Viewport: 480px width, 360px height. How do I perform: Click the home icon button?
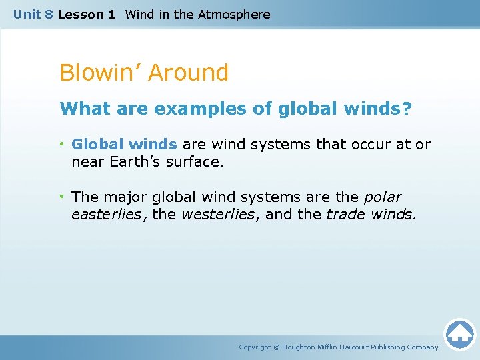tap(459, 333)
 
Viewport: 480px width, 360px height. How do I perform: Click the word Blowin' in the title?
tap(99, 73)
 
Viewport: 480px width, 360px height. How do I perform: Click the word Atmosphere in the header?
tap(234, 14)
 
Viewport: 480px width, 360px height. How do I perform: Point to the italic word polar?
tap(383, 197)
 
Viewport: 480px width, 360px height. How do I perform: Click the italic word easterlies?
tap(106, 214)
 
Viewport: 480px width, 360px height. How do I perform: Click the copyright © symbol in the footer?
tap(277, 347)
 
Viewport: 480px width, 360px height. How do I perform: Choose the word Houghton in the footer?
tap(302, 347)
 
